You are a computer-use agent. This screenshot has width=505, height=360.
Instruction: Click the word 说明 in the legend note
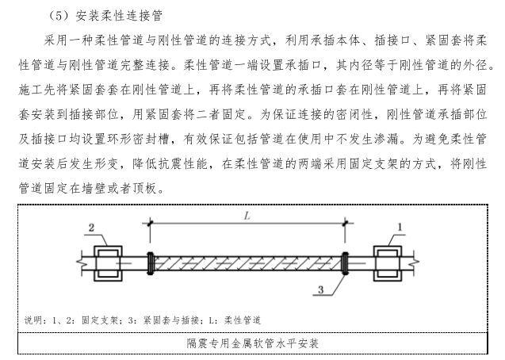point(34,320)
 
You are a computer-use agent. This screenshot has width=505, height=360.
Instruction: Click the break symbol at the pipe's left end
point(80,262)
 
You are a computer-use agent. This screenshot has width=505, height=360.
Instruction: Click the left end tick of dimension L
point(148,225)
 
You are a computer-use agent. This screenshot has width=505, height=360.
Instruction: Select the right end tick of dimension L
point(343,225)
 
